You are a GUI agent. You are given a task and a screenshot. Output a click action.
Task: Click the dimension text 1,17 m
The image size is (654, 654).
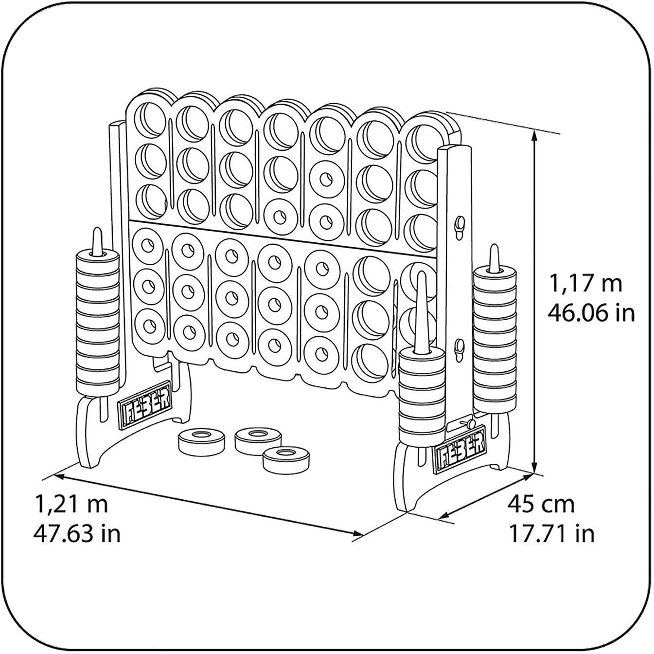[x=585, y=284]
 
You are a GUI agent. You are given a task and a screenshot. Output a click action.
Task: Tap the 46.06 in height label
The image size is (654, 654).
[x=591, y=313]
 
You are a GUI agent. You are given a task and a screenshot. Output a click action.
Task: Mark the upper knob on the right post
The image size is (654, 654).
[x=460, y=224]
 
